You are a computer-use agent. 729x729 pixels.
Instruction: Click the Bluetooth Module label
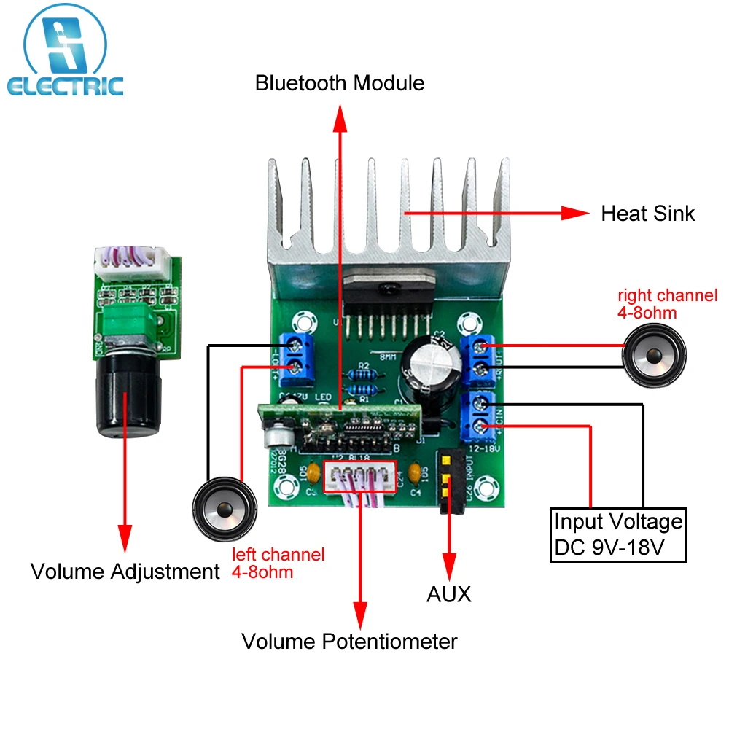339,83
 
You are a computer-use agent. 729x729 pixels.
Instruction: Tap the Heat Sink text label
647,214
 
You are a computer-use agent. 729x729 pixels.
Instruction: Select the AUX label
448,594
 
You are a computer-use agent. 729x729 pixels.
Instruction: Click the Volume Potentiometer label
349,642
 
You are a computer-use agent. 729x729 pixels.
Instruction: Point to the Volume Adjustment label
125,572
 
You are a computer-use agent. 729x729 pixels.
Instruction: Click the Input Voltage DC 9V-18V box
618,535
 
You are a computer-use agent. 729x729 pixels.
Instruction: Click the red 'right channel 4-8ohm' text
667,304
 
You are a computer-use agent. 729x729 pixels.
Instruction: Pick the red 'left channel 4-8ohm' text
278,563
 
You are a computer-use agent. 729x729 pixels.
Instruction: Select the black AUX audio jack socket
450,481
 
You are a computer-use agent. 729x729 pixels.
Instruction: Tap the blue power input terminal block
480,415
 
